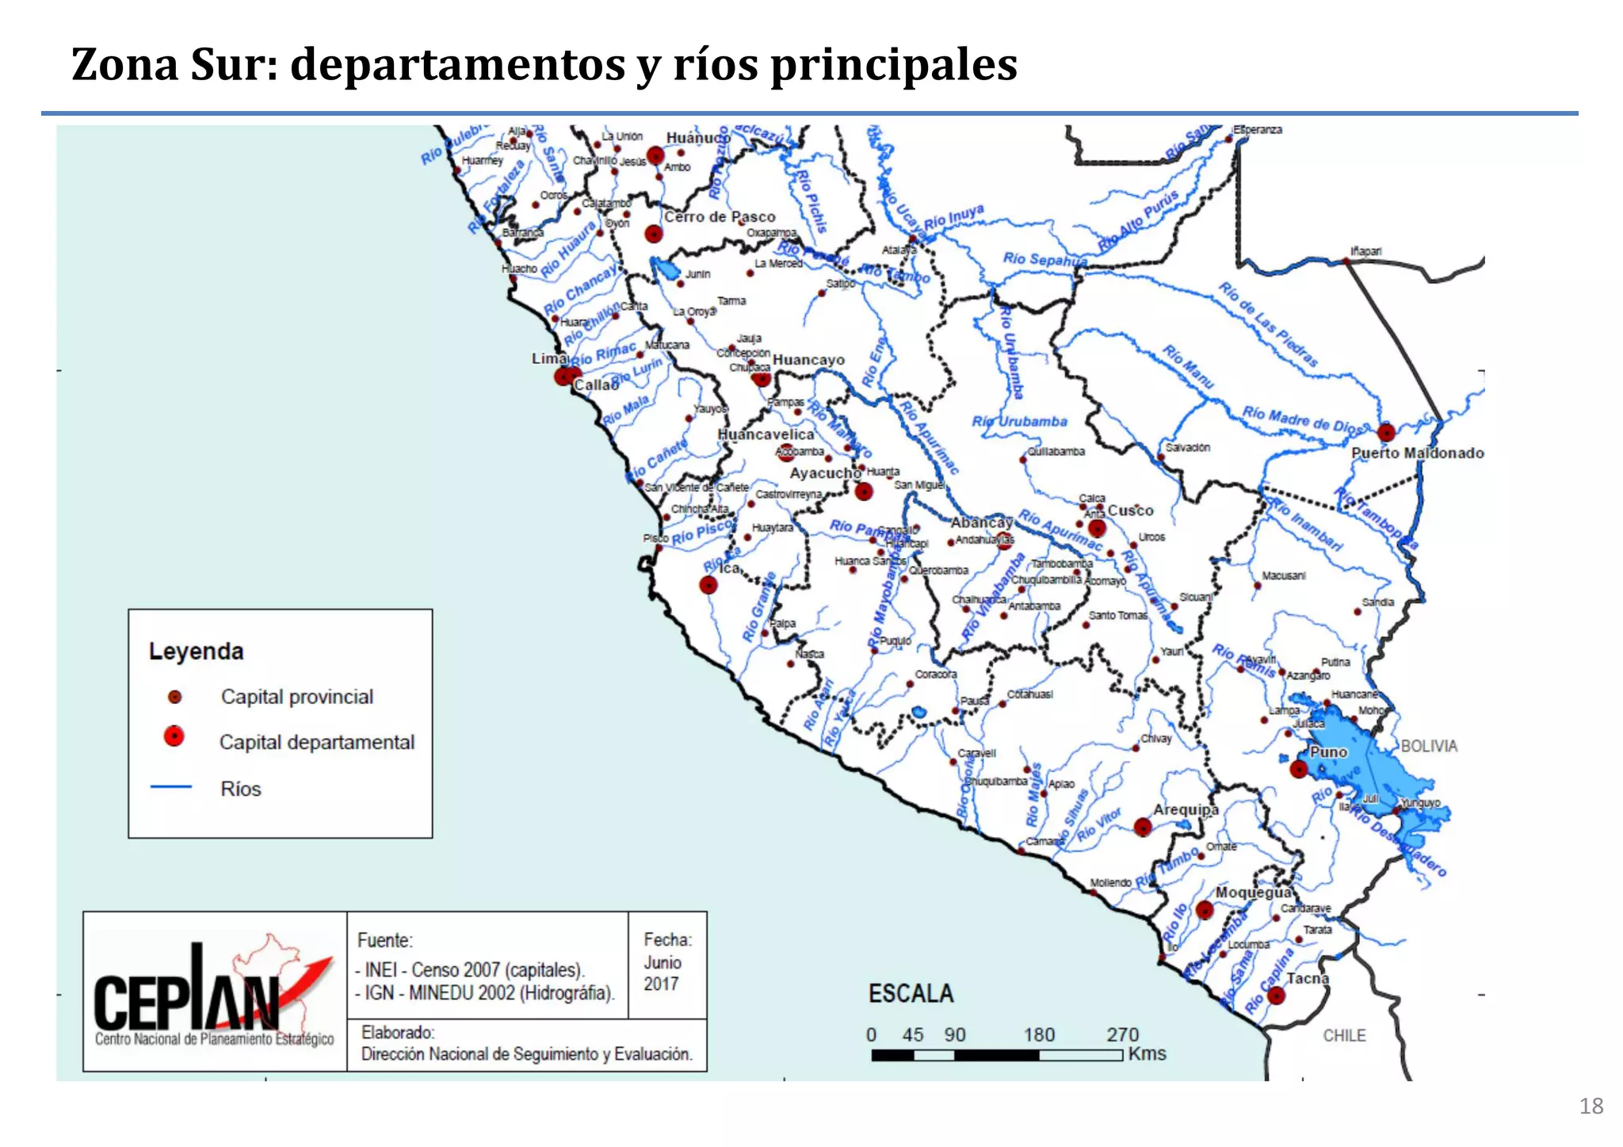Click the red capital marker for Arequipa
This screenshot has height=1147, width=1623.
[1142, 828]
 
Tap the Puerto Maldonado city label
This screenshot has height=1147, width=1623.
[1417, 453]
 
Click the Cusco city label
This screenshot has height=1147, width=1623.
[1130, 510]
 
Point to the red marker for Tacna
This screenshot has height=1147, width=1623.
[1276, 996]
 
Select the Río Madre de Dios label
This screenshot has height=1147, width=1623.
[1301, 419]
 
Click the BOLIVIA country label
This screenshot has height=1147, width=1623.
[1429, 746]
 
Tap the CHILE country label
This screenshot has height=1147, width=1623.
[1344, 1035]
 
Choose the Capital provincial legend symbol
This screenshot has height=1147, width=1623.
[175, 697]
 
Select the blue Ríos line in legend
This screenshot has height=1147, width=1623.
[171, 786]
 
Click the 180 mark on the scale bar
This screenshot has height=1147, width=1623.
[1039, 1035]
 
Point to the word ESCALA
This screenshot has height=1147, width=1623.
[911, 994]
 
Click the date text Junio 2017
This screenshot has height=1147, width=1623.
[662, 973]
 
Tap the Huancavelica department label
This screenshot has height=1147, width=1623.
[766, 434]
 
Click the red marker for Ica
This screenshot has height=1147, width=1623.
[708, 586]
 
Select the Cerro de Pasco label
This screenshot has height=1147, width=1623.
[720, 216]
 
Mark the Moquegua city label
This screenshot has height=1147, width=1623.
[1254, 893]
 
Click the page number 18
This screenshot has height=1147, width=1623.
[1591, 1107]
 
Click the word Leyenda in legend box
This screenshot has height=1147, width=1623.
[197, 652]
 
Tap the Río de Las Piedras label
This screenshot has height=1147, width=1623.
[1268, 324]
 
